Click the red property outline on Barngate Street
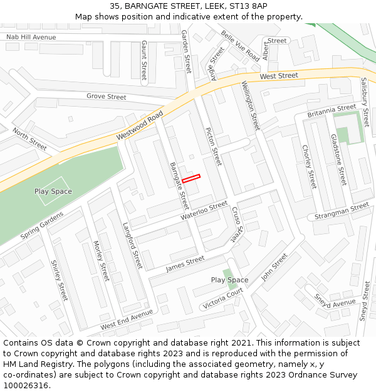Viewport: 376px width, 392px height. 191,179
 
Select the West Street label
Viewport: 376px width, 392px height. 279,76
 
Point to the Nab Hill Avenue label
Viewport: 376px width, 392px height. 31,38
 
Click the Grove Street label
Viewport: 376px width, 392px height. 106,97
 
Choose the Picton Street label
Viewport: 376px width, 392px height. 214,147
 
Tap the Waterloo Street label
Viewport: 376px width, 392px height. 204,210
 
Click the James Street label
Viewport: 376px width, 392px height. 185,264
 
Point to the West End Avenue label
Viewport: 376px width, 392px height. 127,320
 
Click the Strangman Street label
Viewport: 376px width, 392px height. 342,211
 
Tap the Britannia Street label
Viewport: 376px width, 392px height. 332,111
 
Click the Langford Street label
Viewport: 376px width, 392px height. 133,245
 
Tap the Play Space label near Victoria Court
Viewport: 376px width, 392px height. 229,280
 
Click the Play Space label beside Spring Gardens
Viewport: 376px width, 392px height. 53,191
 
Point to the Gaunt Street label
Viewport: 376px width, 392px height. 144,60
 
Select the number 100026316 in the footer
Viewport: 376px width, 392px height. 27,386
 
